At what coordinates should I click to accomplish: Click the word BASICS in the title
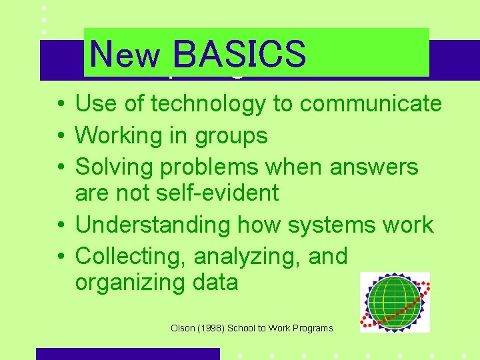coord(239,55)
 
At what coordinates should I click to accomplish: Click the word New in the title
coord(125,56)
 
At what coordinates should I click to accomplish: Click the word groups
coord(231,137)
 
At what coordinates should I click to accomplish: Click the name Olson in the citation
coord(183,328)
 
